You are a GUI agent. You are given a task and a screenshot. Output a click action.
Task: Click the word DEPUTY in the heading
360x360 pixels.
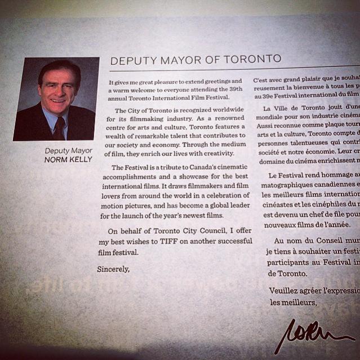[x=130, y=60]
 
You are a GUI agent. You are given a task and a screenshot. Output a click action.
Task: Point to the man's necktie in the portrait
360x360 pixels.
[x=59, y=128]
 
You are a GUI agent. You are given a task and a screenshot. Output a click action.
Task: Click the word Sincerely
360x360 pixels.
[x=113, y=269]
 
